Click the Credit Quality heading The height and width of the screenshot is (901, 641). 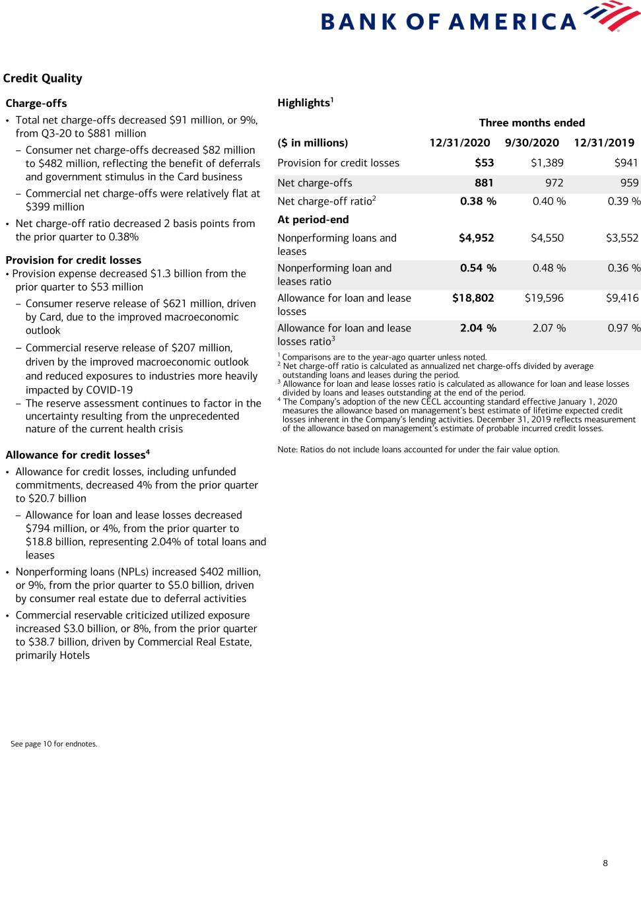point(43,79)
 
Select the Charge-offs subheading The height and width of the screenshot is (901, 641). point(36,104)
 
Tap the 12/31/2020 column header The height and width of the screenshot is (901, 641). point(459,143)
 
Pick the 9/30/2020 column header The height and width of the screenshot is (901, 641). point(531,143)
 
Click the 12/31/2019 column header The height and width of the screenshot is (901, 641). point(604,143)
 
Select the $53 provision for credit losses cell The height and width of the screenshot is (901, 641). point(484,163)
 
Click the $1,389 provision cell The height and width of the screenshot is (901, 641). point(547,163)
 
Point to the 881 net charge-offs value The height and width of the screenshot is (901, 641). point(484,183)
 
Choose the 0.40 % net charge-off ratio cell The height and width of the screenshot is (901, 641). point(549,201)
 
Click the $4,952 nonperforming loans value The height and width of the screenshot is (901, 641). point(476,238)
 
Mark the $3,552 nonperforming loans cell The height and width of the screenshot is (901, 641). point(622,238)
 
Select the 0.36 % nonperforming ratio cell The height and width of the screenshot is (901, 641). point(624,268)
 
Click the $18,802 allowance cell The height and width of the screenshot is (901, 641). point(473,298)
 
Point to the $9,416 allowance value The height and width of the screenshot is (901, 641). point(622,298)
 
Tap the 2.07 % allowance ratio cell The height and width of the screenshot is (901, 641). point(549,328)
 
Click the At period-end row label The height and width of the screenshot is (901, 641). point(313,220)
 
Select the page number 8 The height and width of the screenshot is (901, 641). point(605,863)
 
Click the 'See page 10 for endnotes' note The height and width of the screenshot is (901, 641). point(54,744)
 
